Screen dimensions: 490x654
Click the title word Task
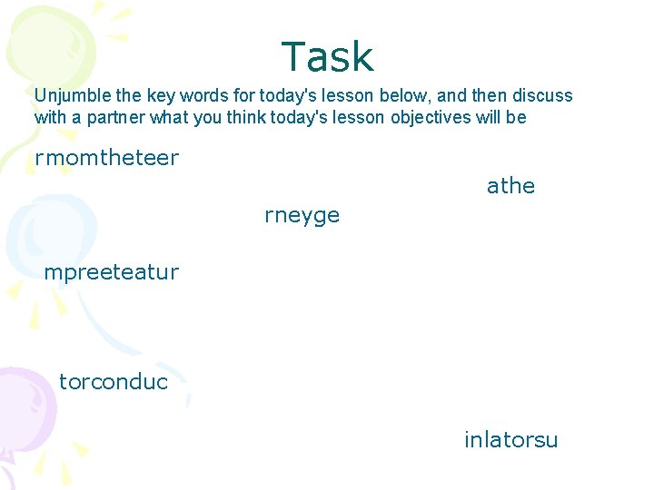(327, 57)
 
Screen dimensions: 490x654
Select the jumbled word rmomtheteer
(106, 158)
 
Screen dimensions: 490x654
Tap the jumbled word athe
(510, 186)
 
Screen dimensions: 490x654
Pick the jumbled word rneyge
(302, 215)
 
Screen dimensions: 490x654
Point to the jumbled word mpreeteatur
(111, 272)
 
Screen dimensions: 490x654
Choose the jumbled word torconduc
(114, 382)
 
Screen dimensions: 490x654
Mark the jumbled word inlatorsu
(510, 440)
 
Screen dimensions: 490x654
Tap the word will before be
(487, 117)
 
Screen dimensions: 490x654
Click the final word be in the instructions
(516, 117)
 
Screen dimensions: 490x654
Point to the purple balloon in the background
(23, 408)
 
